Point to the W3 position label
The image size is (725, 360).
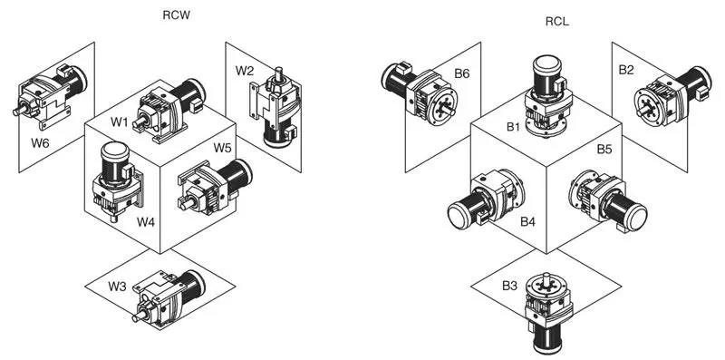(x=117, y=287)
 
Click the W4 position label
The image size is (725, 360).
(x=147, y=220)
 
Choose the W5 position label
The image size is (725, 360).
(x=223, y=147)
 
